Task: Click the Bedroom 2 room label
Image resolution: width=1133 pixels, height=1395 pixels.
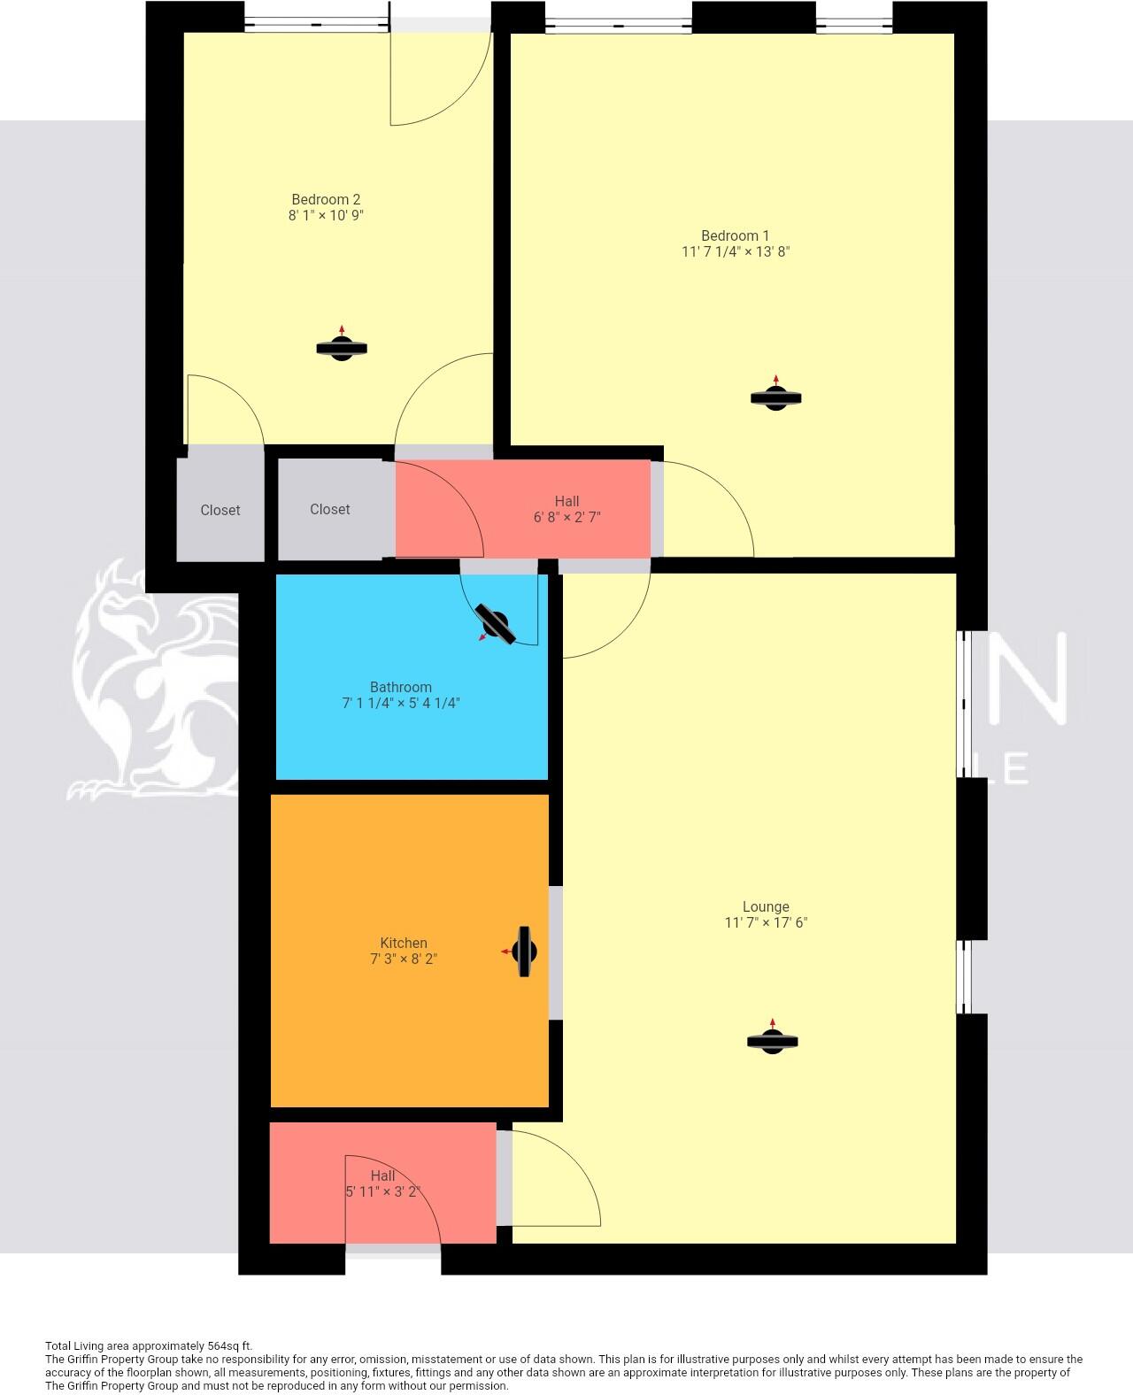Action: [x=326, y=199]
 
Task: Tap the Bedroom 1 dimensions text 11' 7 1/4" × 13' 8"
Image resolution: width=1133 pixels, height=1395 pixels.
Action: [x=736, y=251]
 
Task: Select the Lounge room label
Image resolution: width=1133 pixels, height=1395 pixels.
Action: [x=766, y=906]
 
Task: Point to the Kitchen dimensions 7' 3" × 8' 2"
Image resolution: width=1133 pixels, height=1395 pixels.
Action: [x=404, y=959]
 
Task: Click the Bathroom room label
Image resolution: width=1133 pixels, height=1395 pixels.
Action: [x=401, y=687]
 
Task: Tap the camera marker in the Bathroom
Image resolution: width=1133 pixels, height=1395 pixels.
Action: [x=495, y=623]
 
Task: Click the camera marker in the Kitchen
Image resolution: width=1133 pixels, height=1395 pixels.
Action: [x=522, y=952]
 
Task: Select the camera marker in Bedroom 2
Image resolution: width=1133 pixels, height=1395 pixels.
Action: [x=341, y=347]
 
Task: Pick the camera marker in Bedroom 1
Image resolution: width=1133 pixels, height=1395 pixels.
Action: [x=776, y=396]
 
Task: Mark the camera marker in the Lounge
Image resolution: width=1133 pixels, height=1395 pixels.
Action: [x=772, y=1039]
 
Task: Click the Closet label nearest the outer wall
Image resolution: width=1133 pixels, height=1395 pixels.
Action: [x=220, y=510]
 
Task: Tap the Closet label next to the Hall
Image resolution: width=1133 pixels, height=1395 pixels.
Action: [x=330, y=510]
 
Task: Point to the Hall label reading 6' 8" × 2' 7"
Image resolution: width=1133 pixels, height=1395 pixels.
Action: [x=567, y=509]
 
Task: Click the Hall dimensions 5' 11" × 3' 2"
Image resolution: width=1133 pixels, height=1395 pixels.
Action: [x=383, y=1192]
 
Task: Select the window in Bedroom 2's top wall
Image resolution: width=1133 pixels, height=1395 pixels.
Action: [x=317, y=25]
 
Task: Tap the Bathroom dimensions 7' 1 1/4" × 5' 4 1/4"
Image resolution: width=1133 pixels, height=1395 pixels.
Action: [x=401, y=704]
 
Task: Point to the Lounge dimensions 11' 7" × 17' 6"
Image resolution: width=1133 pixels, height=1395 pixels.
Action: [x=766, y=923]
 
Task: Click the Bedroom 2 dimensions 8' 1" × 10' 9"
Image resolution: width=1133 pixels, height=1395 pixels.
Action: [x=326, y=215]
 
